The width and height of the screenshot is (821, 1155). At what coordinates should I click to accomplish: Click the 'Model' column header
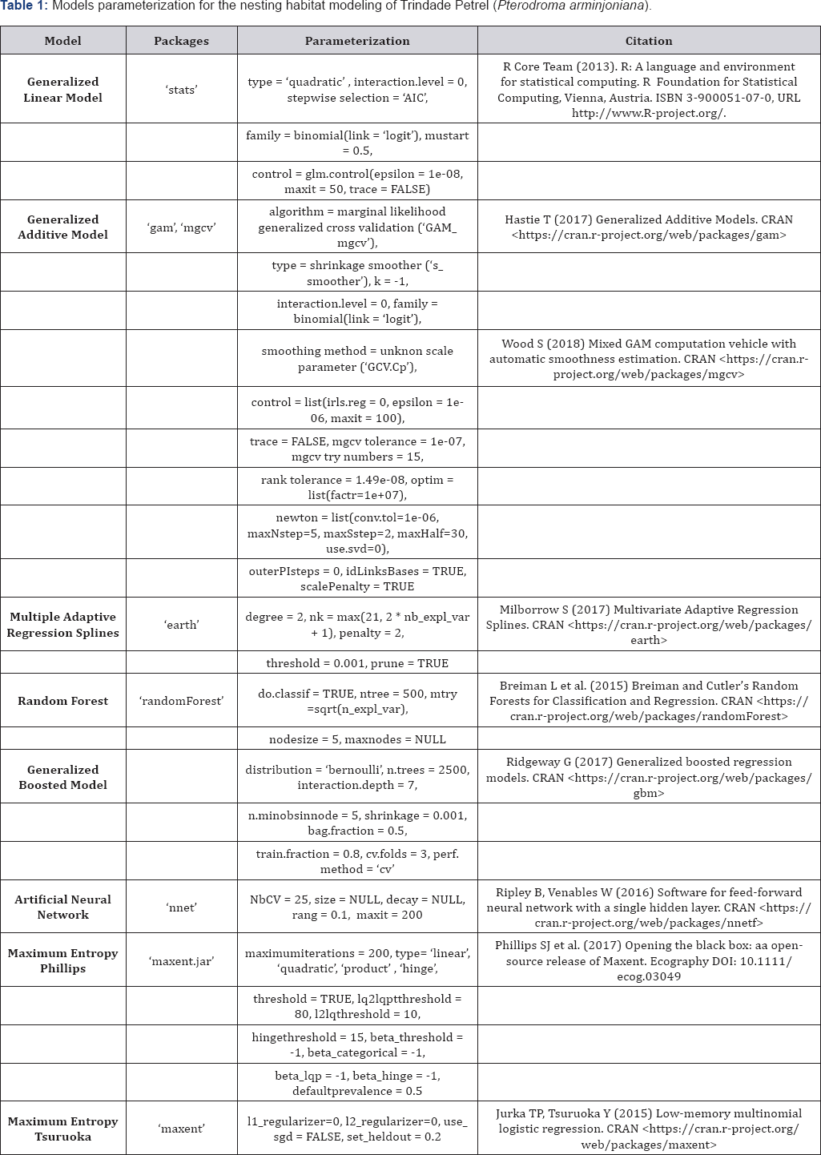click(x=62, y=41)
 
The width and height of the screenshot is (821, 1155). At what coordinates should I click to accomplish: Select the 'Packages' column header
click(x=181, y=41)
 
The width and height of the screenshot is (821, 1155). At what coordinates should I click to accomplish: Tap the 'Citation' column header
click(x=649, y=41)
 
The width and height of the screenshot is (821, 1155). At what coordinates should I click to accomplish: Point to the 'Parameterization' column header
click(x=357, y=41)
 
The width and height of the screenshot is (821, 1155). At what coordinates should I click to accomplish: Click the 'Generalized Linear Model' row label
click(x=62, y=90)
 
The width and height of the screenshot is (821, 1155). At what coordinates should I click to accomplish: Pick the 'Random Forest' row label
click(x=62, y=701)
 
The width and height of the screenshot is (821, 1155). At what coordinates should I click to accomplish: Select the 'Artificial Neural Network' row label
click(x=62, y=907)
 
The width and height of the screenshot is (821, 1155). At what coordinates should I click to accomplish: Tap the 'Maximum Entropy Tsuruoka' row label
click(x=62, y=1129)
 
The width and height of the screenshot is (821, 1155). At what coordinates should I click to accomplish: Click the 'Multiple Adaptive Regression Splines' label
click(x=62, y=625)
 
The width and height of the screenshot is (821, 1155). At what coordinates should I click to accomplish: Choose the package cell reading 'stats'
click(x=181, y=90)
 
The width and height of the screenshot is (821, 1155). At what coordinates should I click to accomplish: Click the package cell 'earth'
click(x=181, y=625)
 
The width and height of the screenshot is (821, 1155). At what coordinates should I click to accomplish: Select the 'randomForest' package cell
click(x=181, y=701)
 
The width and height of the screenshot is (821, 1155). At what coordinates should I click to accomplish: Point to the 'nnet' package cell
click(x=181, y=907)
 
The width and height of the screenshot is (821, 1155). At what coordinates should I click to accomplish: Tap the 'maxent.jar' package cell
click(x=181, y=961)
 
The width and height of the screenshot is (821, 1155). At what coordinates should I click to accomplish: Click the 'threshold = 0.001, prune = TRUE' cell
click(x=357, y=663)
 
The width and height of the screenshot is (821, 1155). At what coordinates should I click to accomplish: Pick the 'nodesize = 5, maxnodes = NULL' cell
click(x=357, y=739)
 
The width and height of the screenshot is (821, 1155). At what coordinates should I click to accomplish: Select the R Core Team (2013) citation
click(x=649, y=90)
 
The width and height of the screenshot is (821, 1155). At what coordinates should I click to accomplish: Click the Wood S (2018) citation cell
click(x=649, y=359)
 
